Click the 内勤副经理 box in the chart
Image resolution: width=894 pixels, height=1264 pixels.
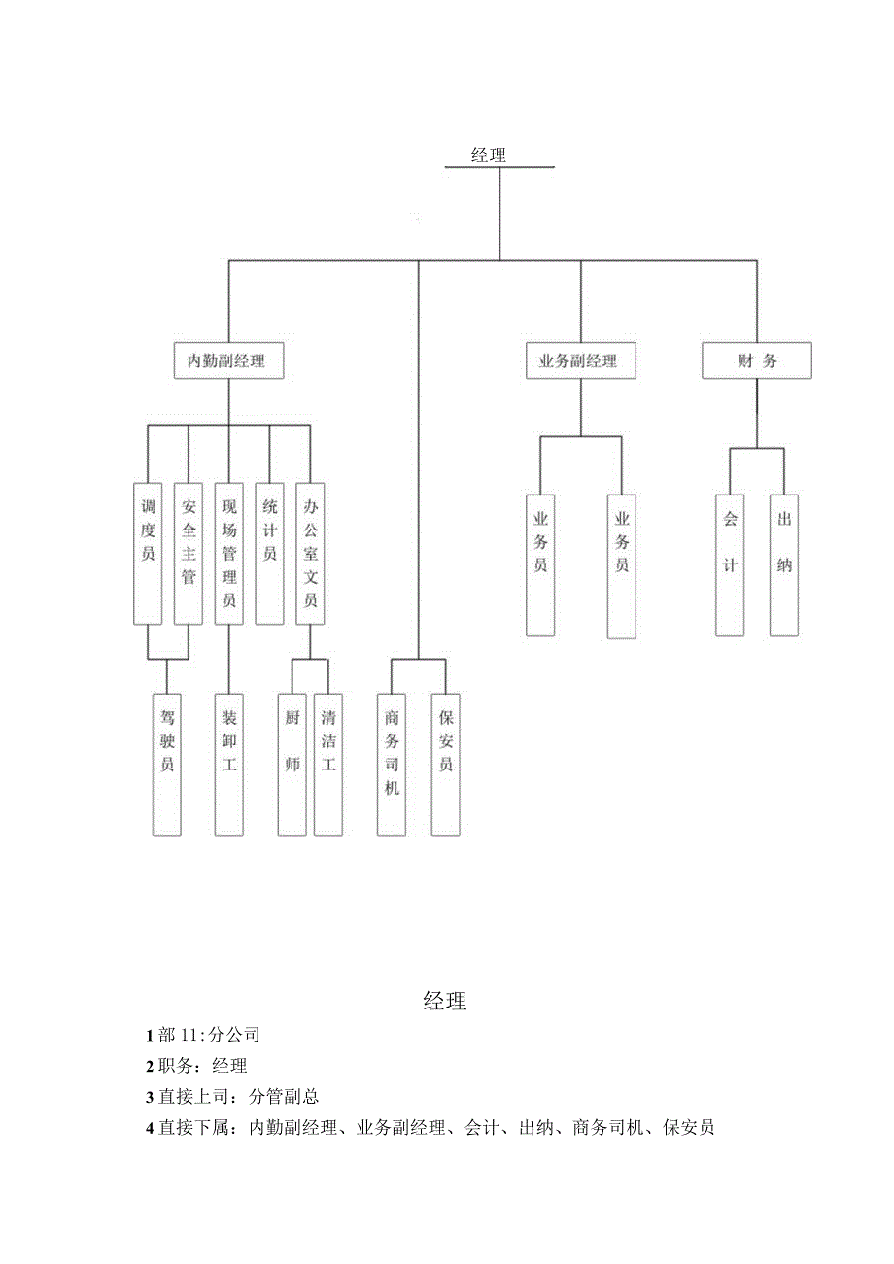point(229,361)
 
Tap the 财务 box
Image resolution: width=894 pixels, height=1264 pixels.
point(756,361)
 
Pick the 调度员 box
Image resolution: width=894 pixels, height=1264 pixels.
point(148,553)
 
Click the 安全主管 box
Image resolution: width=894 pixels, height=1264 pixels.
point(189,553)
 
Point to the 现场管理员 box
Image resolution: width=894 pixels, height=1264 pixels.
point(229,553)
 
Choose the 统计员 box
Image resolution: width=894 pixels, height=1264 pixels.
point(269,553)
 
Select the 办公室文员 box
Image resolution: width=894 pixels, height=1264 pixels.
point(310,553)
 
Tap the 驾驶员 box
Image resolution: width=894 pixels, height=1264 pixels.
point(167,764)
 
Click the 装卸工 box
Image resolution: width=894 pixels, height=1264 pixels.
point(229,764)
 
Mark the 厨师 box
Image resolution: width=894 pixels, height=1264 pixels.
point(292,764)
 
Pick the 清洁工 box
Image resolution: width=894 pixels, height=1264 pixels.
point(328,764)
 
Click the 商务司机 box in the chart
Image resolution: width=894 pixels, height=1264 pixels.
point(392,764)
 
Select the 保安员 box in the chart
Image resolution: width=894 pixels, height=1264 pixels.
point(445,764)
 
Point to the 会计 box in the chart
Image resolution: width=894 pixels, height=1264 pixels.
point(730,565)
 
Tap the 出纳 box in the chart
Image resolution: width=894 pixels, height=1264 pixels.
point(784,565)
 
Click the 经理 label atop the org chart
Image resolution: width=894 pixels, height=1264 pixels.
point(488,154)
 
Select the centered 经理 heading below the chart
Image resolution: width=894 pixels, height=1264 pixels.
point(445,1002)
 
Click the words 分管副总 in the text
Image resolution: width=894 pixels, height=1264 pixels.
point(284,1097)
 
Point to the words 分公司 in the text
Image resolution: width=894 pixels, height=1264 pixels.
point(234,1035)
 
